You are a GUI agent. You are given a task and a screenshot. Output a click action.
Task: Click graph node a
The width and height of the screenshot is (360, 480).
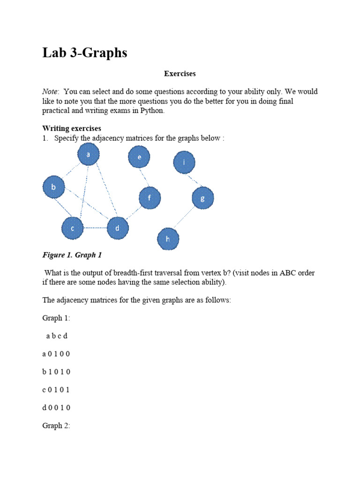[x=89, y=154]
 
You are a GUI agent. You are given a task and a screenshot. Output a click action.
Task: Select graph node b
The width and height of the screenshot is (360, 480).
[x=54, y=187]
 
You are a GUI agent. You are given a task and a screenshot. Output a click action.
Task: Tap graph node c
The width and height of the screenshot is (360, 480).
[x=73, y=228]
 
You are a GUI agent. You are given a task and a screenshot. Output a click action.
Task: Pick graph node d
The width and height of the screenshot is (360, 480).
[x=118, y=229]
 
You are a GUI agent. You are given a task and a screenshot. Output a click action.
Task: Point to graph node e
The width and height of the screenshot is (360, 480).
[x=139, y=157]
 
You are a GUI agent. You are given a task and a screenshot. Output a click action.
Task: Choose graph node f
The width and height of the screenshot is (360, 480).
[x=150, y=198]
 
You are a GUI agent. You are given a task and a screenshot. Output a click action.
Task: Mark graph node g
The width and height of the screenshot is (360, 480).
[x=202, y=198]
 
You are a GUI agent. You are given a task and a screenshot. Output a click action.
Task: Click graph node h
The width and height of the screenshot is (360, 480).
[x=168, y=239]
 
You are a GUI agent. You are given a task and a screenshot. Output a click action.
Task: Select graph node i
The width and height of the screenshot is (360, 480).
[x=184, y=163]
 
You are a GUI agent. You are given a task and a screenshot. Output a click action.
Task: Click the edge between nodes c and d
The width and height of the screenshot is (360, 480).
[x=95, y=228]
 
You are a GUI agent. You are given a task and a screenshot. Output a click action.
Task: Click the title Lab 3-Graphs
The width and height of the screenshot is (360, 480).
[x=85, y=53]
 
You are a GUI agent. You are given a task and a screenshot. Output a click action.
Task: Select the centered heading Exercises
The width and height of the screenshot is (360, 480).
[x=180, y=74]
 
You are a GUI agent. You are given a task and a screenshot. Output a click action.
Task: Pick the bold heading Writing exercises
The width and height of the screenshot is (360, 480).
[x=72, y=128]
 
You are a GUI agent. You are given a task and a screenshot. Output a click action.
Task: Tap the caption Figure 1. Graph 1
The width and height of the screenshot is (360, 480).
[x=72, y=255]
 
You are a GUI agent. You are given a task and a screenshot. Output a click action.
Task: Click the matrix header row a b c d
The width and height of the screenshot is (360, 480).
[x=57, y=336]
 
